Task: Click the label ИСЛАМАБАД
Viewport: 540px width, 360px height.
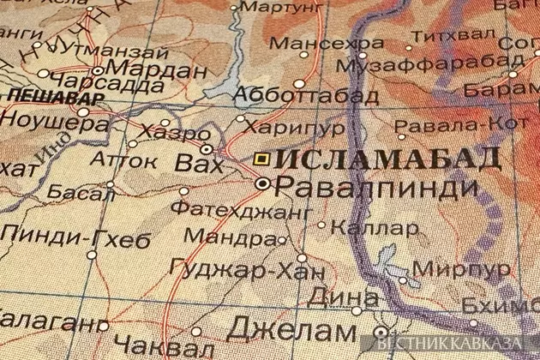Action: [390, 159]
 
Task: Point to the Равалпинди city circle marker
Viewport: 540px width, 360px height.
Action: [263, 183]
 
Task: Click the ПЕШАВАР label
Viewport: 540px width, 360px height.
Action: [42, 94]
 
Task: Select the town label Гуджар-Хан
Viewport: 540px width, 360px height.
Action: [249, 273]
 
